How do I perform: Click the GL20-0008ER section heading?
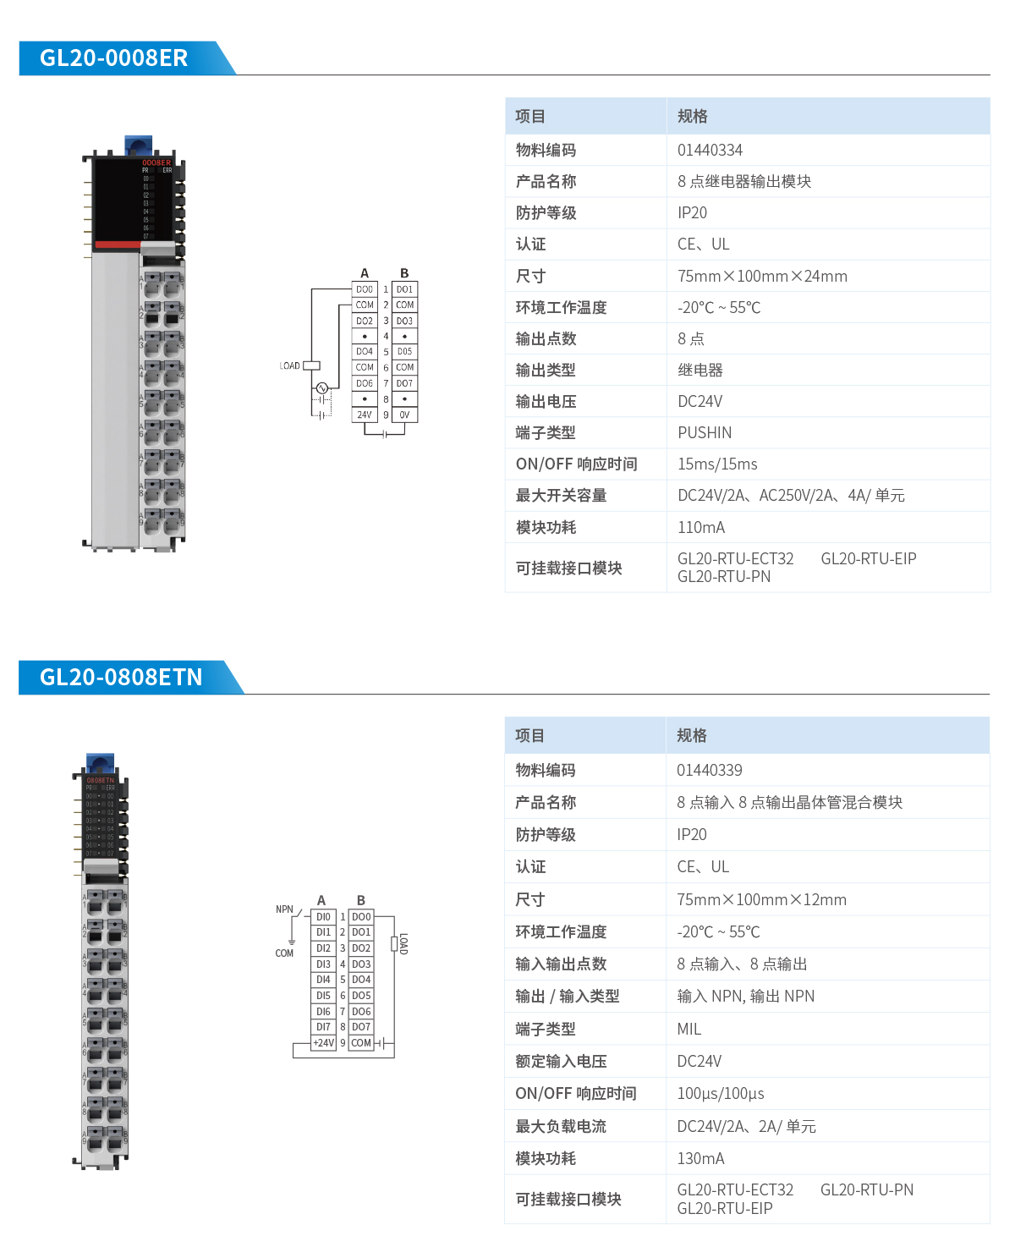[x=114, y=58]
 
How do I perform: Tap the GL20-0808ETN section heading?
[x=121, y=678]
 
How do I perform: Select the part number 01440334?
[x=710, y=151]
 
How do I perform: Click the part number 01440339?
[x=709, y=771]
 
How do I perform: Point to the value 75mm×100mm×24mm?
[x=762, y=277]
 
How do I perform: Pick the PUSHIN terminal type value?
[x=704, y=433]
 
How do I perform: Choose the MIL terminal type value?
[x=689, y=1030]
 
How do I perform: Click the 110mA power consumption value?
[x=700, y=528]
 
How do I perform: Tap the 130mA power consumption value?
[x=700, y=1159]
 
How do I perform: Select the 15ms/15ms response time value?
[x=717, y=464]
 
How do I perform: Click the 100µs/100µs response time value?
[x=720, y=1094]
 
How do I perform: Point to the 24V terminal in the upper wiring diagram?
[x=365, y=415]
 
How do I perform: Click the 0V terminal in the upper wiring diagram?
[x=404, y=415]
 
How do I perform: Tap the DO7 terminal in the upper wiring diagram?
[x=404, y=384]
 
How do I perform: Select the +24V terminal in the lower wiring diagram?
[x=324, y=1043]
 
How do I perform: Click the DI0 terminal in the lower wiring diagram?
[x=324, y=917]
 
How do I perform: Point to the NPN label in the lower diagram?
[x=284, y=909]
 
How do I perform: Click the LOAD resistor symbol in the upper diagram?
[x=311, y=365]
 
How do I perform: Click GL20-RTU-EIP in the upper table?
[x=868, y=559]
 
